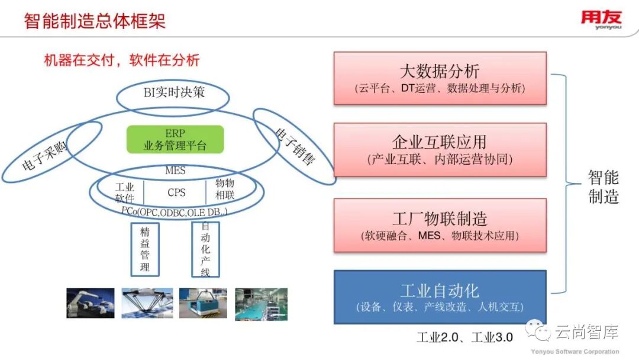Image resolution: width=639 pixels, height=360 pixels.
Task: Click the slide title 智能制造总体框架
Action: (x=95, y=21)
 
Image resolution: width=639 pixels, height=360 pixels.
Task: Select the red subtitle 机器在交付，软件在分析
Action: (x=122, y=60)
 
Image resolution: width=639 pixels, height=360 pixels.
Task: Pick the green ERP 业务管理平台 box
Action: (x=175, y=140)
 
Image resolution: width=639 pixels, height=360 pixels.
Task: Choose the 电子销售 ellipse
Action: (x=295, y=146)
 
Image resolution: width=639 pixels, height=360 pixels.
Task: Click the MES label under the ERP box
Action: (x=175, y=171)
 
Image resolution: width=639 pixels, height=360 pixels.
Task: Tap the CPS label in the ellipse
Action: (x=176, y=192)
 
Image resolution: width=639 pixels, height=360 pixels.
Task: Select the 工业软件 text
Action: (x=125, y=192)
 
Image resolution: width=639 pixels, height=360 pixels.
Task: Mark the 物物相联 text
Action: (x=225, y=189)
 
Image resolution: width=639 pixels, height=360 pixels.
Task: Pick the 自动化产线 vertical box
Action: (x=205, y=249)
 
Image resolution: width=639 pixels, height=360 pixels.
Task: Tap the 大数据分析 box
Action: (x=440, y=78)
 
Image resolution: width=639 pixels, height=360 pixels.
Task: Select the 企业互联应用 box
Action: (x=440, y=149)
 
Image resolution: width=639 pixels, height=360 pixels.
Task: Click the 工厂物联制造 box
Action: (x=440, y=226)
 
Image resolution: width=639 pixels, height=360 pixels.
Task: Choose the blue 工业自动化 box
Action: (x=440, y=297)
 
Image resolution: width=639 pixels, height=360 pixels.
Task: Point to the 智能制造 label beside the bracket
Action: (x=603, y=187)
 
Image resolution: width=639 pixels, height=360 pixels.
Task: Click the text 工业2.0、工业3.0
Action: (x=464, y=337)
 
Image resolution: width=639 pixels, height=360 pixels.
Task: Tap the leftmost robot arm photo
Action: (x=91, y=304)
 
